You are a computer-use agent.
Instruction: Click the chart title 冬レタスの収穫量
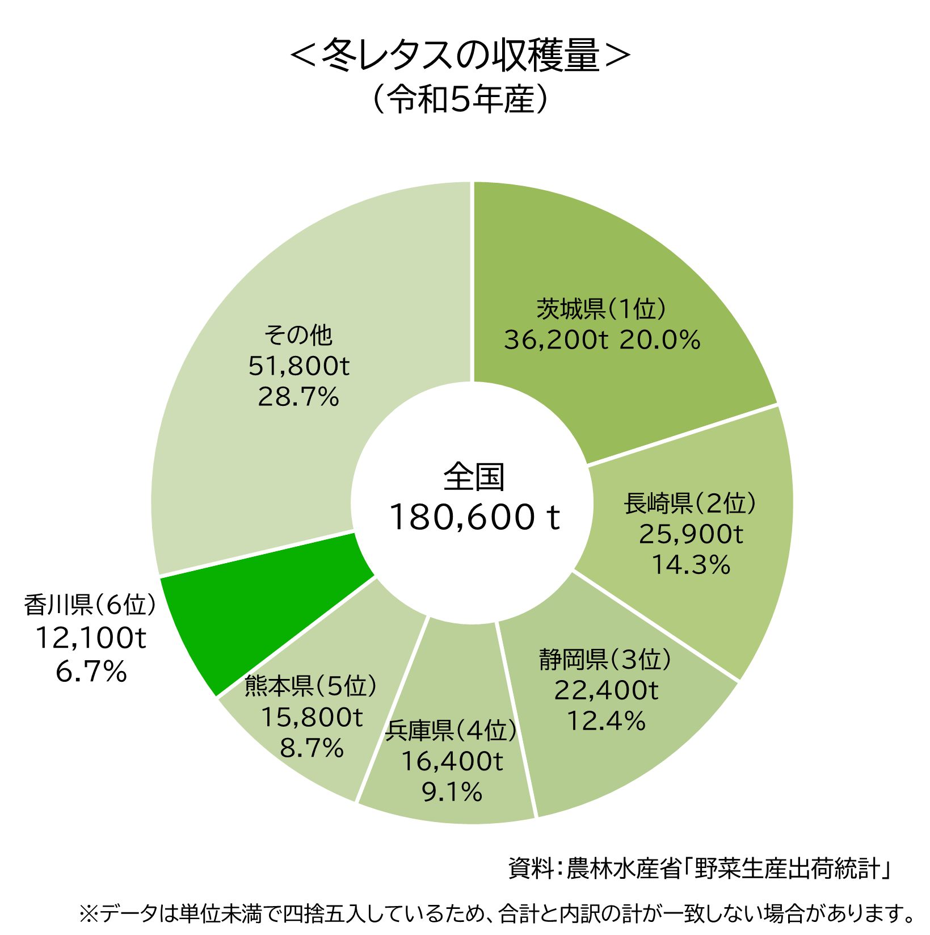click(x=460, y=55)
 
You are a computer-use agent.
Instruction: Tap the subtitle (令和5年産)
click(x=460, y=100)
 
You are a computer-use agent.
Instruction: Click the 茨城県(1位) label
click(x=601, y=309)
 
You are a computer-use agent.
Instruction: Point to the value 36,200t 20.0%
click(x=602, y=340)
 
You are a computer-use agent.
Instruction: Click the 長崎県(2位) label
click(x=690, y=503)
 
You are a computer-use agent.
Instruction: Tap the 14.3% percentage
click(x=691, y=564)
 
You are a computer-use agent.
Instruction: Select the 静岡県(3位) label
click(x=605, y=659)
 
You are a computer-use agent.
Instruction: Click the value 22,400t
click(x=606, y=690)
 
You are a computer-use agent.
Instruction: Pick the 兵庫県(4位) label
click(x=452, y=730)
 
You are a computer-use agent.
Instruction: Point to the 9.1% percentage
click(x=452, y=792)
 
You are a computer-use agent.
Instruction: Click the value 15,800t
click(x=312, y=718)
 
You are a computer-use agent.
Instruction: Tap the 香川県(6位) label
click(x=90, y=605)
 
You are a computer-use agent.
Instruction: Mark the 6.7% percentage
click(x=91, y=672)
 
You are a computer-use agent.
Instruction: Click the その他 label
click(x=298, y=335)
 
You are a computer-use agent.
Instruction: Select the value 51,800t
click(x=299, y=366)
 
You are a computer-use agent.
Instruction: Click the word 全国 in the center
click(x=474, y=477)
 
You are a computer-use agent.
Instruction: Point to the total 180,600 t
click(x=474, y=517)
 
